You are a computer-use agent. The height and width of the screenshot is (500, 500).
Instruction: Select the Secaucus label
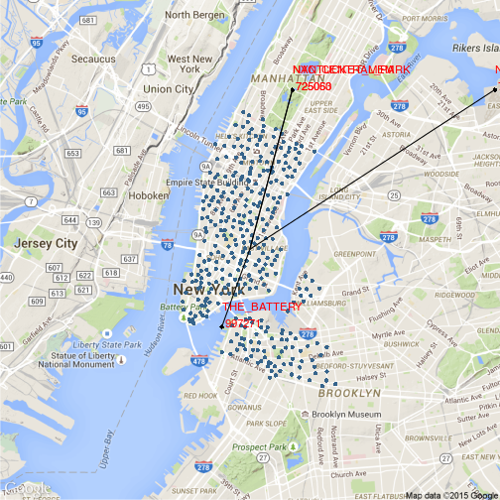[x=93, y=59]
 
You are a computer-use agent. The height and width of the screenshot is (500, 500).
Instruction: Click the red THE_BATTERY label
[x=244, y=309]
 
